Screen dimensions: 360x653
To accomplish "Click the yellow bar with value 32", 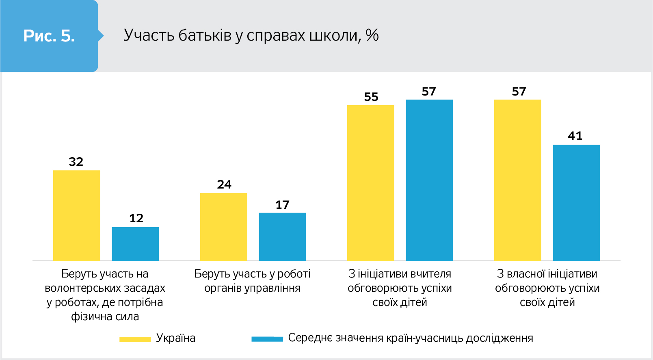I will (77, 215).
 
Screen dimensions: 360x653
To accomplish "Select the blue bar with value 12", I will (135, 244).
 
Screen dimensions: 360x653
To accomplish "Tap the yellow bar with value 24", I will (223, 227).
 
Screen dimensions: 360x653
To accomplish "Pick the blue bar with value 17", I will (282, 236).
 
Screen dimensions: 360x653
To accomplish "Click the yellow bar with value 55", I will (370, 183).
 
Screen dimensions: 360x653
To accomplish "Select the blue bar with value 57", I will (429, 180).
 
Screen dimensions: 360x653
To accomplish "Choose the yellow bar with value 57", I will (517, 180).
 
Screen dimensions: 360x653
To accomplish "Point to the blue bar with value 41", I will (576, 203).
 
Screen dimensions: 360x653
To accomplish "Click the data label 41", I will (575, 136).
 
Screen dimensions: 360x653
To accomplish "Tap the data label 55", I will (371, 97).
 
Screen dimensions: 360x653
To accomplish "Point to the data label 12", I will (136, 218).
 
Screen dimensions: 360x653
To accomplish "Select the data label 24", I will (224, 184).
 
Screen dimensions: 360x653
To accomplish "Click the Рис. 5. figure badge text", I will (49, 36).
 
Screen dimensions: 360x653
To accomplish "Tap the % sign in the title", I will (372, 35).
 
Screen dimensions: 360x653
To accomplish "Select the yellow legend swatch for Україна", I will (135, 339).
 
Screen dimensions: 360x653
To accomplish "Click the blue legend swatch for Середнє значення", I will (267, 339).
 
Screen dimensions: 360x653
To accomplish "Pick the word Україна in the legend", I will (175, 338).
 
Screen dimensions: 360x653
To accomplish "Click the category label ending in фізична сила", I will (105, 295).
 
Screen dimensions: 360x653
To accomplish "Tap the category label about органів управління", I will (252, 281).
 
